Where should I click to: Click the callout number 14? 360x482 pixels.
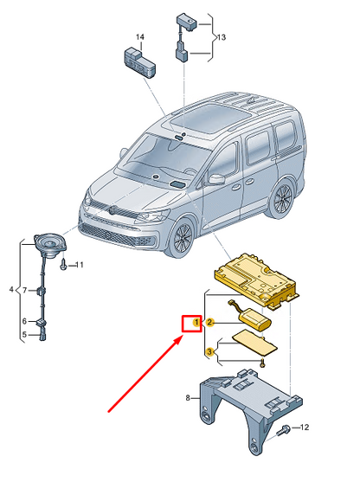pyautogui.click(x=140, y=37)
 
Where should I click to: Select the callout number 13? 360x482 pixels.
pyautogui.click(x=222, y=37)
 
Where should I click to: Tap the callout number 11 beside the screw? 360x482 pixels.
pyautogui.click(x=80, y=265)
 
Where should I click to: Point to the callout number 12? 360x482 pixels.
pyautogui.click(x=305, y=427)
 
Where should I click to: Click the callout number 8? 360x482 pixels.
pyautogui.click(x=188, y=398)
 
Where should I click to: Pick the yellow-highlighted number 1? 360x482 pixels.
pyautogui.click(x=196, y=323)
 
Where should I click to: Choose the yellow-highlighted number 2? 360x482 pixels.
pyautogui.click(x=209, y=323)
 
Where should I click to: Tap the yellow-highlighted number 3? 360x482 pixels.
pyautogui.click(x=209, y=351)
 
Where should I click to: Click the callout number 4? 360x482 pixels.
pyautogui.click(x=11, y=290)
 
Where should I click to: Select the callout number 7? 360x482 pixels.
pyautogui.click(x=25, y=290)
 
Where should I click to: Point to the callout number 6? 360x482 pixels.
pyautogui.click(x=24, y=321)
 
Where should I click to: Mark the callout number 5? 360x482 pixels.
pyautogui.click(x=24, y=334)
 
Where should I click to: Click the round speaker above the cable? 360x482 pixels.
pyautogui.click(x=51, y=245)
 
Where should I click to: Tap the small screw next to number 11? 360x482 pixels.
pyautogui.click(x=63, y=264)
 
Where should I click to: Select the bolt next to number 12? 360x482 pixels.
pyautogui.click(x=284, y=430)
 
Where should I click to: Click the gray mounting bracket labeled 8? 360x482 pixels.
pyautogui.click(x=251, y=408)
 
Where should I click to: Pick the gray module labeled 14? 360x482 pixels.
pyautogui.click(x=139, y=62)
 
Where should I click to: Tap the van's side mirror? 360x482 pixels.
pyautogui.click(x=216, y=179)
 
